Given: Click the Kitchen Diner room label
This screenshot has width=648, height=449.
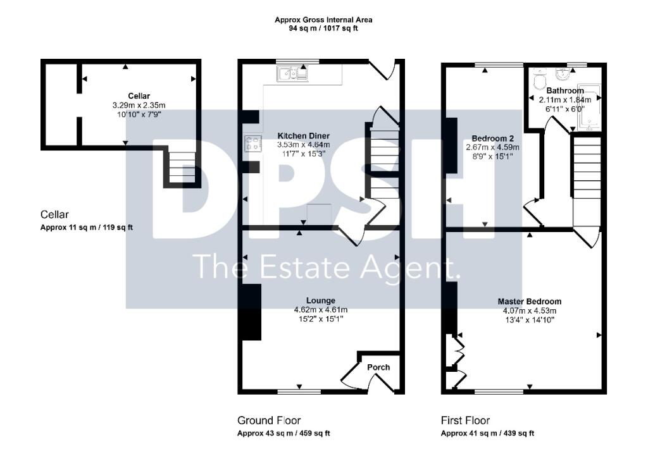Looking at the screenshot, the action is tap(303, 136).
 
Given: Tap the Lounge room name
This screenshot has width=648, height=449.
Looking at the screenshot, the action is tap(321, 301).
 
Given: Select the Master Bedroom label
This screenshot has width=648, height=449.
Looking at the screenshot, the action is tap(530, 302).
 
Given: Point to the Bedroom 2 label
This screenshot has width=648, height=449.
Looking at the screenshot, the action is tap(492, 138).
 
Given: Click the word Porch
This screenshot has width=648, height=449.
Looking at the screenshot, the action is tap(378, 367).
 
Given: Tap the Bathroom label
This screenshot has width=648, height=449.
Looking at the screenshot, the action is tap(565, 90).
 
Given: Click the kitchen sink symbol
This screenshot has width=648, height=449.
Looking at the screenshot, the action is tap(292, 73).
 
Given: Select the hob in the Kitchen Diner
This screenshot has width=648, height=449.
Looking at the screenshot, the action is tap(253, 144).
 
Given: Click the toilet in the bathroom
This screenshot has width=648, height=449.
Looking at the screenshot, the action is tap(540, 78).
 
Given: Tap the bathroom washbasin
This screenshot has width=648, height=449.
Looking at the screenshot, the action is tap(562, 75).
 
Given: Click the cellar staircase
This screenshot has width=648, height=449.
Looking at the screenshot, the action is tap(182, 167).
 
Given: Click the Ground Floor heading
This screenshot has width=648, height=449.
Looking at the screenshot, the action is tap(269, 421).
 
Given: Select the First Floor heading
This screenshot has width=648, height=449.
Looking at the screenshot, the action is tap(465, 421).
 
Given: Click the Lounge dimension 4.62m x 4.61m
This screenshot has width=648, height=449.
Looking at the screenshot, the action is tap(321, 310).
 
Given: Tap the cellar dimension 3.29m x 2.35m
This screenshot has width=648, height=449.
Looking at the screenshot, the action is tap(139, 106).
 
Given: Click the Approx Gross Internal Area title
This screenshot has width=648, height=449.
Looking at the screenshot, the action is tap(323, 20).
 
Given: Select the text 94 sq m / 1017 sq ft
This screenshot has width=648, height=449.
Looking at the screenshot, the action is tap(323, 28).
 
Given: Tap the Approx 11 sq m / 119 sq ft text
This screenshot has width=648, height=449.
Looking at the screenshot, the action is tap(87, 227).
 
